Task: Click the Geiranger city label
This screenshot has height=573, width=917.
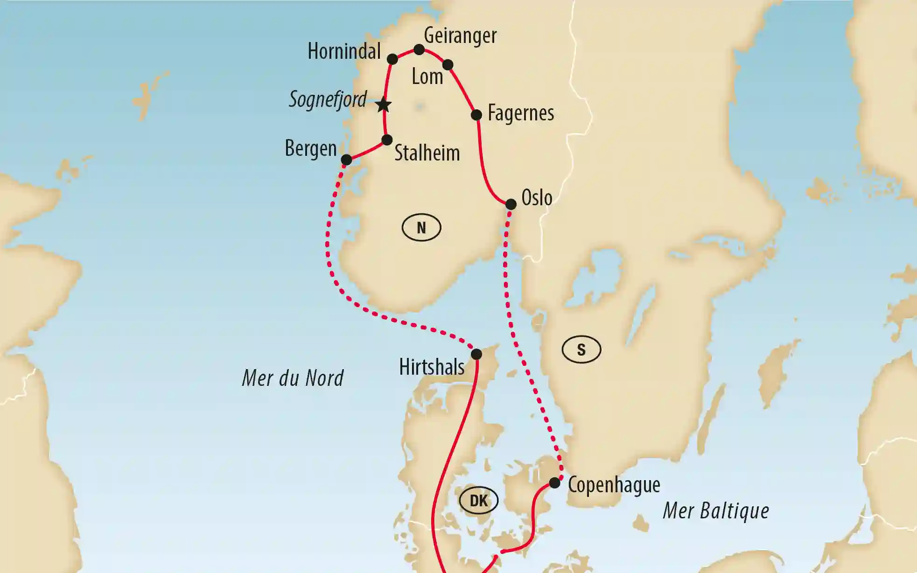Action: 460,35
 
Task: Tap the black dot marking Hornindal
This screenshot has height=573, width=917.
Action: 392,59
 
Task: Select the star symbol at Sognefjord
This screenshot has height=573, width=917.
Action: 383,105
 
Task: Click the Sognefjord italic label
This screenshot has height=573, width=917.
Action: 328,99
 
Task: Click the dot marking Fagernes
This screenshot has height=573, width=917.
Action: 476,115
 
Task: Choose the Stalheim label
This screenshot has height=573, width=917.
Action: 427,153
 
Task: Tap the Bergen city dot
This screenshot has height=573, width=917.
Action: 346,160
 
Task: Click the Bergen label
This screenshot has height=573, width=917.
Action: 311,149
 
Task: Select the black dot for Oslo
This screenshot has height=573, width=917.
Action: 511,204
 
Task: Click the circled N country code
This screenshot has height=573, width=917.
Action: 421,228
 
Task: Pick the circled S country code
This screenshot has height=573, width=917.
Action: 581,349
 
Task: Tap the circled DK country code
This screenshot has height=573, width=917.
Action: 479,501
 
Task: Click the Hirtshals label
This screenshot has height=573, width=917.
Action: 432,367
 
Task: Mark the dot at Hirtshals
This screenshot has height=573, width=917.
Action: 476,354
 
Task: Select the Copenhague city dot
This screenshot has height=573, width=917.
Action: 554,482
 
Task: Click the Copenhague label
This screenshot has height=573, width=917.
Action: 614,486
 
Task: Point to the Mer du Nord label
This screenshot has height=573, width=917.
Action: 293,378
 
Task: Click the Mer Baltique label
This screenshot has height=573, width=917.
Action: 716,510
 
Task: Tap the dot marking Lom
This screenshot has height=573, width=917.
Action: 448,64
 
